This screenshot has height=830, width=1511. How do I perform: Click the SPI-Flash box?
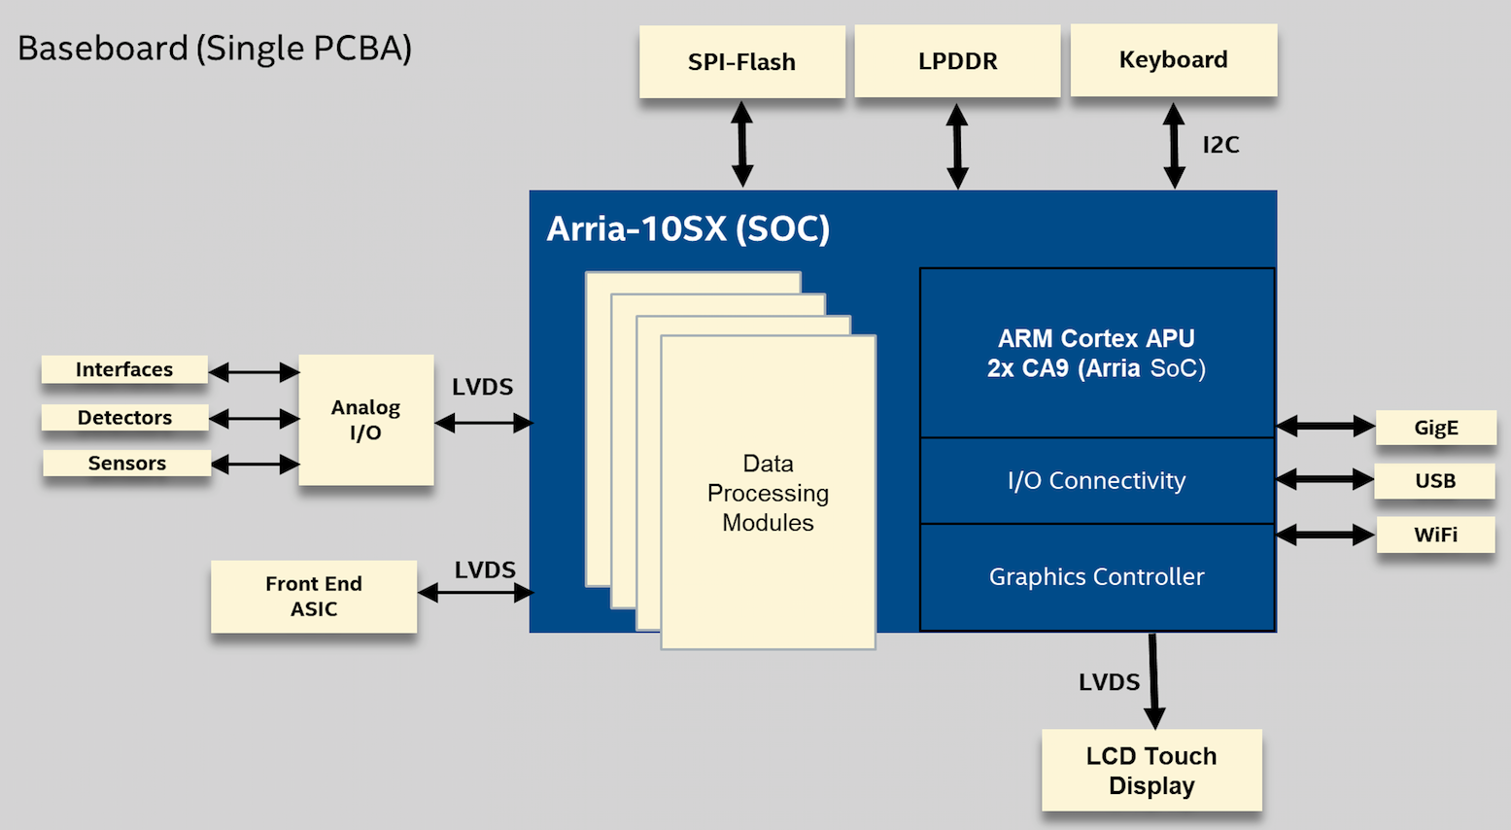tap(742, 61)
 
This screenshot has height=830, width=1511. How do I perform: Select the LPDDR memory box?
tap(957, 60)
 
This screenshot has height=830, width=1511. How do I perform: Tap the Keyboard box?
tap(1174, 60)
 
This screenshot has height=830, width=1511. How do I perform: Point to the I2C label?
tap(1220, 145)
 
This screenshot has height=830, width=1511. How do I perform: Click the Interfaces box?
tap(124, 369)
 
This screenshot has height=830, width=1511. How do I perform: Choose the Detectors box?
tap(124, 417)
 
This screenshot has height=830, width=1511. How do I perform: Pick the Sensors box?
tap(127, 463)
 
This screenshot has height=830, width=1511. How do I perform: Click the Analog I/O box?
tap(366, 420)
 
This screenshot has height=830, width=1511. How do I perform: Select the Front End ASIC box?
tap(314, 597)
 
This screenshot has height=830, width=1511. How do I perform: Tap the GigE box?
tap(1436, 427)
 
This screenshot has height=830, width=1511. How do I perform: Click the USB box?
tap(1435, 480)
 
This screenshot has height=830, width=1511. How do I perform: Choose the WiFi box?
tap(1436, 535)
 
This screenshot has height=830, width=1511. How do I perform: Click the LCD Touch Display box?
tap(1151, 770)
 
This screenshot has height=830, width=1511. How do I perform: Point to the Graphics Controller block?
tap(1097, 577)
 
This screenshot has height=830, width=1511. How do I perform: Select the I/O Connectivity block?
tap(1097, 480)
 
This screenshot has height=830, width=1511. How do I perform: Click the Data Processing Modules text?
tap(768, 494)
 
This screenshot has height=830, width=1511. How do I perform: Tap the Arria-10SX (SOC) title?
tap(688, 228)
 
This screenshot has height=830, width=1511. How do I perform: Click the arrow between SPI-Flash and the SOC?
tap(742, 145)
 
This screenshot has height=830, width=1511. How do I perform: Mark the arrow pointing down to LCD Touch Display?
tap(1153, 681)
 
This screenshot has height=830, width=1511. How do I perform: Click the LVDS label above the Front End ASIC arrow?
tap(485, 571)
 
